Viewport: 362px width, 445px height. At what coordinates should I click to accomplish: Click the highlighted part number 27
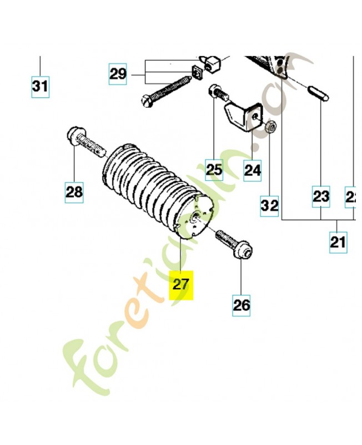(x=181, y=285)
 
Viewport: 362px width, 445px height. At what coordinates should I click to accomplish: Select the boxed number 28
(x=74, y=192)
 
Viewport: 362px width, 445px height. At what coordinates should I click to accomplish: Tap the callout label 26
(x=242, y=304)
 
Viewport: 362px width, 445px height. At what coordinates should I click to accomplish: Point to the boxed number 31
(x=40, y=87)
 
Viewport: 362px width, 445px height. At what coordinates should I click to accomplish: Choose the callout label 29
(x=118, y=73)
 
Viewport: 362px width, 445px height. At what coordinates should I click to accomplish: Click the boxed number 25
(x=214, y=169)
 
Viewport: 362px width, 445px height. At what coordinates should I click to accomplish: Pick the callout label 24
(x=253, y=169)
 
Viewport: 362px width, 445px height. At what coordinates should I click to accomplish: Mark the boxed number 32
(x=270, y=206)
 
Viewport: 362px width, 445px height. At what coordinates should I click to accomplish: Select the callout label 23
(x=321, y=196)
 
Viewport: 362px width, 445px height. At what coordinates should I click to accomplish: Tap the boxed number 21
(x=338, y=242)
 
